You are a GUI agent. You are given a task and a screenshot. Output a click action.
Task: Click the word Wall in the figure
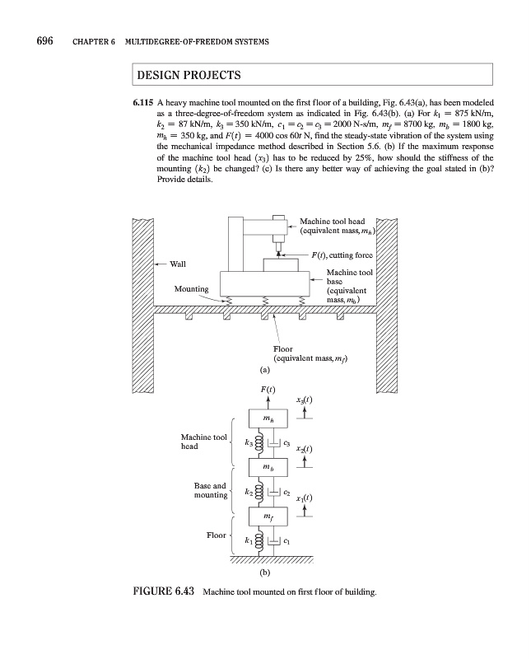tap(178, 264)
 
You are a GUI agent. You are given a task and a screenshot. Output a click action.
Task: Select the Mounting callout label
tap(191, 289)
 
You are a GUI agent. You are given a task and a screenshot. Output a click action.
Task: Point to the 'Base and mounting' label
tap(209, 490)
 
